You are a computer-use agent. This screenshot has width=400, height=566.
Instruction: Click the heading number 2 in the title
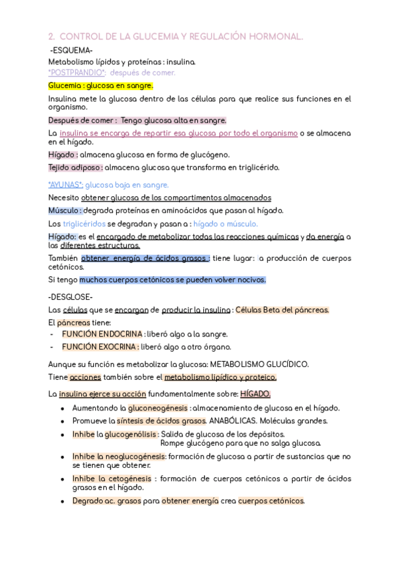point(51,37)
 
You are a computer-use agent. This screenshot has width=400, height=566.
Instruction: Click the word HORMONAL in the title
point(269,37)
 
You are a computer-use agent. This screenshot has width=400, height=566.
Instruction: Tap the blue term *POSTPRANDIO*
point(77,73)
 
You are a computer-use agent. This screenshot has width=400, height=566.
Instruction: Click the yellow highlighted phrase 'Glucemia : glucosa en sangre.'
point(101,86)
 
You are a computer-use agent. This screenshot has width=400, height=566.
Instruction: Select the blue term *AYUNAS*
point(66,185)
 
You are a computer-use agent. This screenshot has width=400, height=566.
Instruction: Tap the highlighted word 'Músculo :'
point(65,210)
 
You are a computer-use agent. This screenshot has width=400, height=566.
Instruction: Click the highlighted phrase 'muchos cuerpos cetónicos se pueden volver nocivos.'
point(173,280)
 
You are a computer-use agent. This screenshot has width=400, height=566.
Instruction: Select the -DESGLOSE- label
point(71,297)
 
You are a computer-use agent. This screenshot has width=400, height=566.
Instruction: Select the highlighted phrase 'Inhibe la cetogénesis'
point(113,479)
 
